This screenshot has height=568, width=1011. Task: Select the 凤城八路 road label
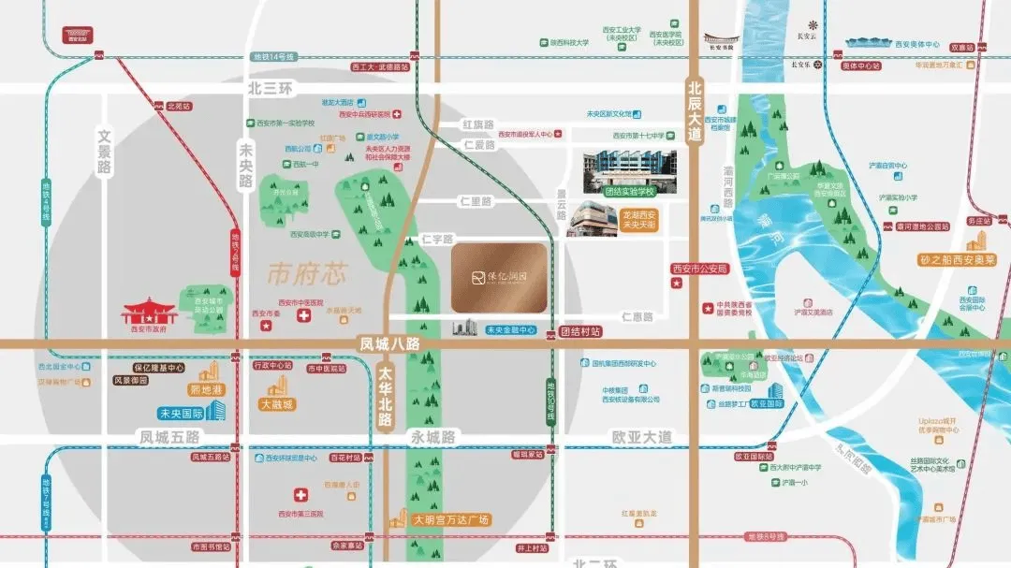coord(389,343)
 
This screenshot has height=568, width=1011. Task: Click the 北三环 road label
coord(270,88)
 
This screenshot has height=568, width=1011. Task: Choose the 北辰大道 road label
coord(693,109)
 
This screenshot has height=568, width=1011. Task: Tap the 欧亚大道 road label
coord(641,437)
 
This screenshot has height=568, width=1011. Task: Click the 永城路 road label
coord(432,437)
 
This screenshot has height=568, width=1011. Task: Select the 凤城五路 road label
coord(169,437)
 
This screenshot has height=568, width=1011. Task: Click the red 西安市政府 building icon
coord(148,313)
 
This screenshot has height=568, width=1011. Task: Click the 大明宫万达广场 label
coord(452,518)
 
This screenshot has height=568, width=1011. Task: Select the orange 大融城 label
coord(277,404)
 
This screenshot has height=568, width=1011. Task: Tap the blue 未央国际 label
coord(182,412)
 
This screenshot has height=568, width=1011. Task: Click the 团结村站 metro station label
coord(579,331)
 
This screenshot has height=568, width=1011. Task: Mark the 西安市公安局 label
coord(699,269)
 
